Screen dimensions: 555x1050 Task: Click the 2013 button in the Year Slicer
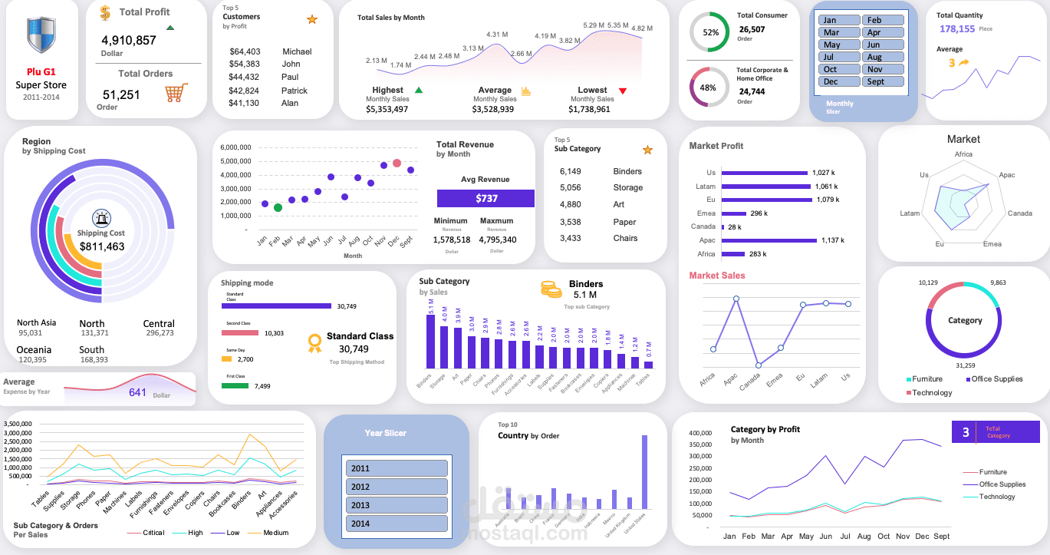coord(396,505)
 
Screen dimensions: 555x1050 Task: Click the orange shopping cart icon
coord(176,94)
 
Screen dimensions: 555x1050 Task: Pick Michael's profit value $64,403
coord(245,51)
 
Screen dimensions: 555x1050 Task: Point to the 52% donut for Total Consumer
coord(710,32)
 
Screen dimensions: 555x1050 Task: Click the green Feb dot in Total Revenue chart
coord(278,207)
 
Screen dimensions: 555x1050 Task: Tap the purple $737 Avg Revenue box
coord(486,198)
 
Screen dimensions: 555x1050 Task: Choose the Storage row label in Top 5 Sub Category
coord(627,187)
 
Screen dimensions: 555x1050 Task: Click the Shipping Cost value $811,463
coord(101,246)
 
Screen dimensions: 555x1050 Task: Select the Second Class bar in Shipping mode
coord(240,333)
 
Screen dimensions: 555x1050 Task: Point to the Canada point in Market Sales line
coord(758,365)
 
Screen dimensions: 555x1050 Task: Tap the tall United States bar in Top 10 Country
coord(644,472)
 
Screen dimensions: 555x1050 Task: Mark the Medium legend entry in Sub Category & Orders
coord(275,533)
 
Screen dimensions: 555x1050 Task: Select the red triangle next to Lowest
coord(622,91)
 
